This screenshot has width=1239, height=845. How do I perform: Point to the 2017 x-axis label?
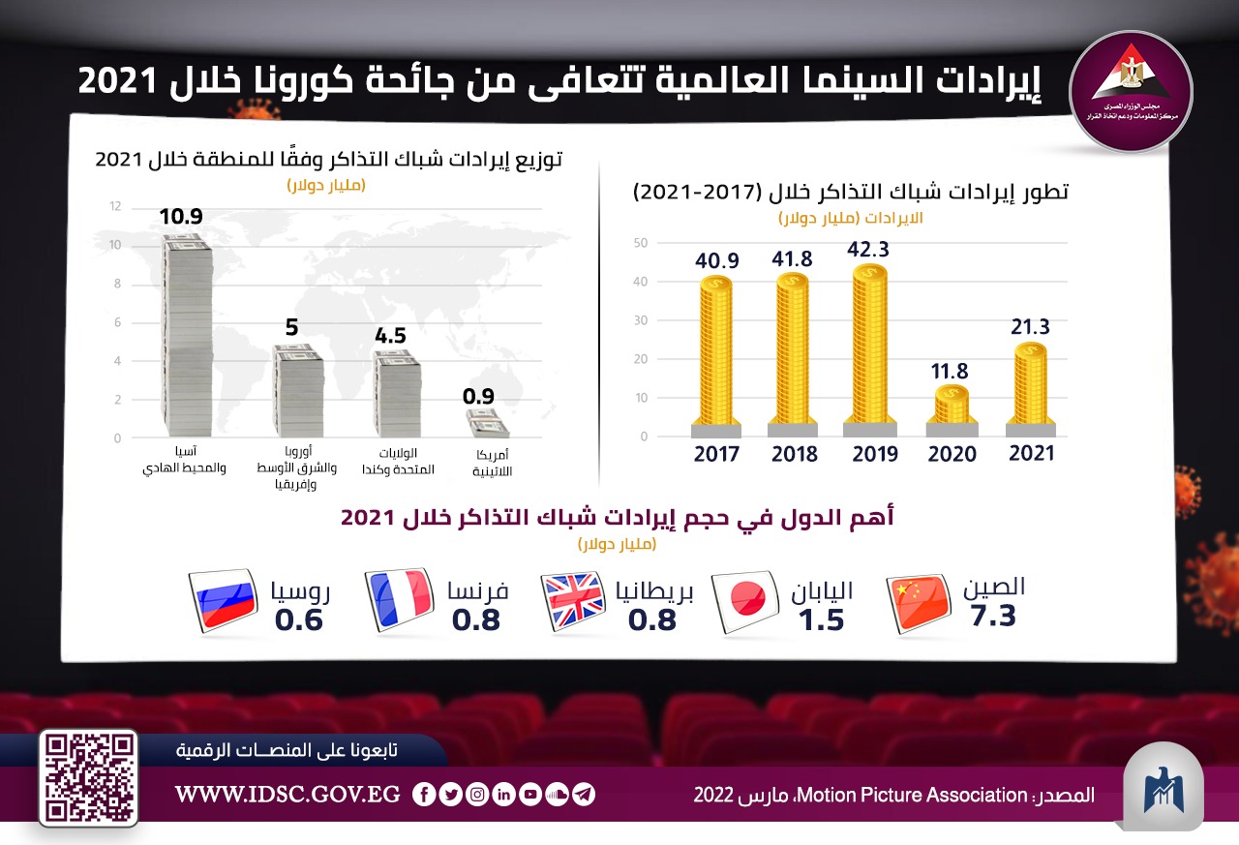716,454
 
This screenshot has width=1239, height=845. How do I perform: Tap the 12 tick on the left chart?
115,206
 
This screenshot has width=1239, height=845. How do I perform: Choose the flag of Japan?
746,603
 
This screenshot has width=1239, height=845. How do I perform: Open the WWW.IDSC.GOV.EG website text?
287,795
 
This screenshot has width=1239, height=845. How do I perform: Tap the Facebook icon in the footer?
423,795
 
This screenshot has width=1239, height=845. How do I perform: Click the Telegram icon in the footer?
583,795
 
